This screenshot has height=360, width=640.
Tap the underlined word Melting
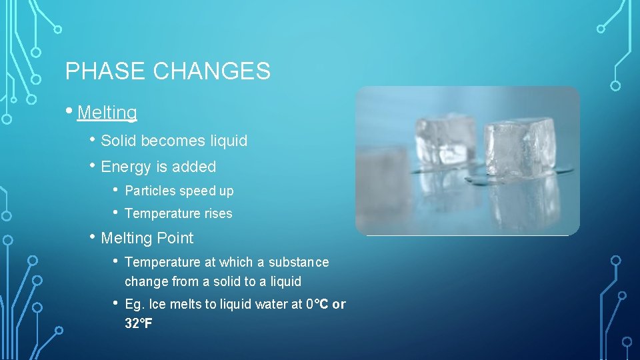point(107,113)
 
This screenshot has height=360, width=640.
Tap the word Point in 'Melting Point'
point(175,238)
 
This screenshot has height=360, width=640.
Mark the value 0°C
point(317,304)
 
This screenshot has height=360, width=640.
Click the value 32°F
point(139,324)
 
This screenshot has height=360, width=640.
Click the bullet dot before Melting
point(70,111)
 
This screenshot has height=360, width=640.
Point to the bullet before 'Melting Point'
point(93,237)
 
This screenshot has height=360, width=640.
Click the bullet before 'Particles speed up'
point(116,190)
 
